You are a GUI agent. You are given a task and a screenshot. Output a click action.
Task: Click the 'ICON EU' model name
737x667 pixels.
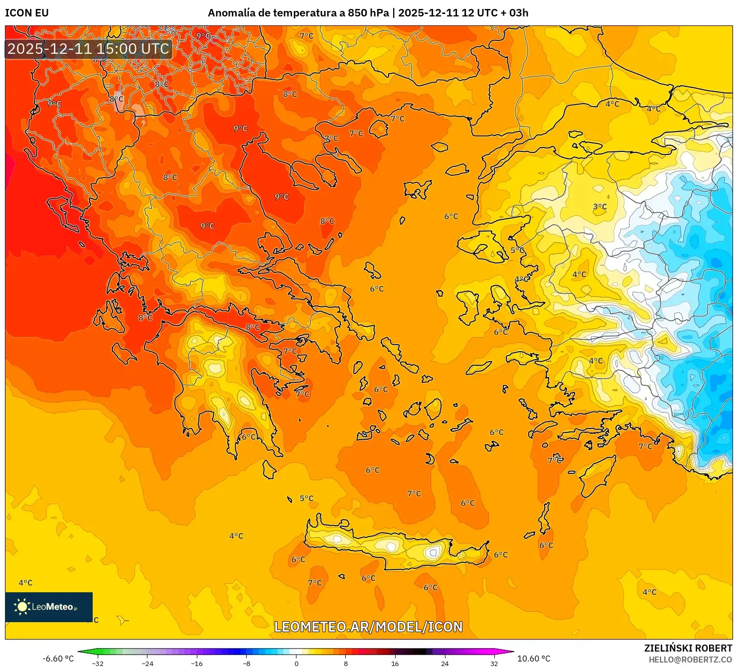click(27, 13)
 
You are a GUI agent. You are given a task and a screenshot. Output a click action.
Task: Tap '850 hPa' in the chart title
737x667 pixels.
click(368, 13)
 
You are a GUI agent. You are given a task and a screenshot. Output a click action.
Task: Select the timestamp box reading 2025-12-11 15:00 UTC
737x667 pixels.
click(88, 49)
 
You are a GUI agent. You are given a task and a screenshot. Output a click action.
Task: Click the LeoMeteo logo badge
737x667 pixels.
click(49, 607)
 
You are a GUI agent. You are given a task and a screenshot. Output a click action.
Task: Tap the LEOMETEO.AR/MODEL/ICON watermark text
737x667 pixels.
click(368, 627)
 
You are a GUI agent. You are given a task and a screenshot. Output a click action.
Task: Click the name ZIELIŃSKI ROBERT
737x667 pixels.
click(688, 648)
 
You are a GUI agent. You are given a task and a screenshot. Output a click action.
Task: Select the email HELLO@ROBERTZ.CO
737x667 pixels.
click(690, 660)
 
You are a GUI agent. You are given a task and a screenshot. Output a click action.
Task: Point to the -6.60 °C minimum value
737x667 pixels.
click(58, 659)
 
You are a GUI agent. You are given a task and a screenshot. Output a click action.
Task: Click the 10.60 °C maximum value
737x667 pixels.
click(534, 659)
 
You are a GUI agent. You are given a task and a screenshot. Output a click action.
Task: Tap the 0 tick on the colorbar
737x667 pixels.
click(296, 663)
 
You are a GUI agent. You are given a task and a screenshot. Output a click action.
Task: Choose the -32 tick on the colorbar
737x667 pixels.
click(98, 663)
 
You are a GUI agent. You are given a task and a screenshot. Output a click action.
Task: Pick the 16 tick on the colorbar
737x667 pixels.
click(395, 663)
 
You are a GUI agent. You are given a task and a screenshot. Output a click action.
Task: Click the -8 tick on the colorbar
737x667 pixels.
click(247, 663)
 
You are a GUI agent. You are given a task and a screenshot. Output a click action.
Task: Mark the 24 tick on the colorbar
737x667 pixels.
click(444, 663)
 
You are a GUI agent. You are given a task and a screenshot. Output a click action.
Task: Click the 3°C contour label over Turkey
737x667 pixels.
click(599, 207)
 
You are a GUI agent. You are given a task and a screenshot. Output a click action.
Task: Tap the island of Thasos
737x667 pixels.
click(379, 129)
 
